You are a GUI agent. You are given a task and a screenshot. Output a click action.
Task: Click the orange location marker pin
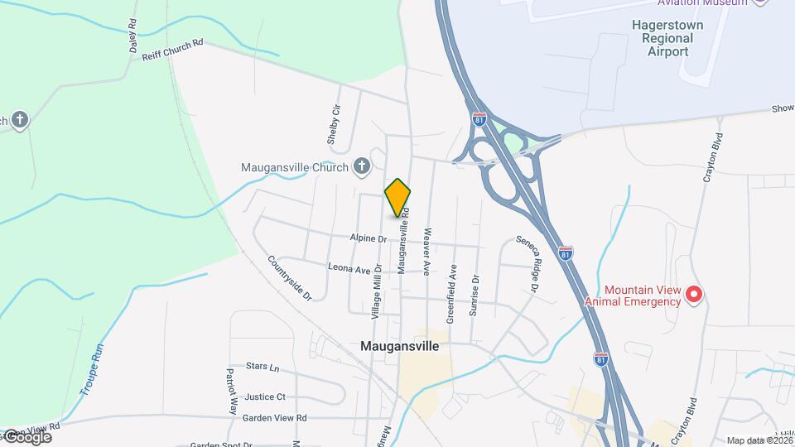pyautogui.click(x=397, y=198)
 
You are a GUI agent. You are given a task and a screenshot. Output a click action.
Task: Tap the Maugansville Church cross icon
pyautogui.click(x=361, y=166)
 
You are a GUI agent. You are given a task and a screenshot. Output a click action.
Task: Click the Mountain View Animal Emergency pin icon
pyautogui.click(x=696, y=294)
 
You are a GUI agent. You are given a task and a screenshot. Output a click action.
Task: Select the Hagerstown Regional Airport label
pyautogui.click(x=667, y=38)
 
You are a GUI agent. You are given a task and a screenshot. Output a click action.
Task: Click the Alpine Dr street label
pyautogui.click(x=369, y=238)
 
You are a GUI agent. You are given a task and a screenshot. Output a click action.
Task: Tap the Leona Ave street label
pyautogui.click(x=349, y=269)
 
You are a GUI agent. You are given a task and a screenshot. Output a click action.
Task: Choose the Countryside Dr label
pyautogui.click(x=289, y=277)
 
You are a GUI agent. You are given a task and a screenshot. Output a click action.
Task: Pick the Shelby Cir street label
pyautogui.click(x=334, y=125)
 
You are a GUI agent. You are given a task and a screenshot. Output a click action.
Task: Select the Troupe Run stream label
pyautogui.click(x=88, y=369)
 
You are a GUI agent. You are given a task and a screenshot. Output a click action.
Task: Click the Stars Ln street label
pyautogui.click(x=263, y=366)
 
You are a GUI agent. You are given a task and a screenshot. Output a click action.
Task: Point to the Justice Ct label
pyautogui.click(x=265, y=397)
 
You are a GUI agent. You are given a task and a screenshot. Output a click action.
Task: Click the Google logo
pyautogui.click(x=26, y=437)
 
